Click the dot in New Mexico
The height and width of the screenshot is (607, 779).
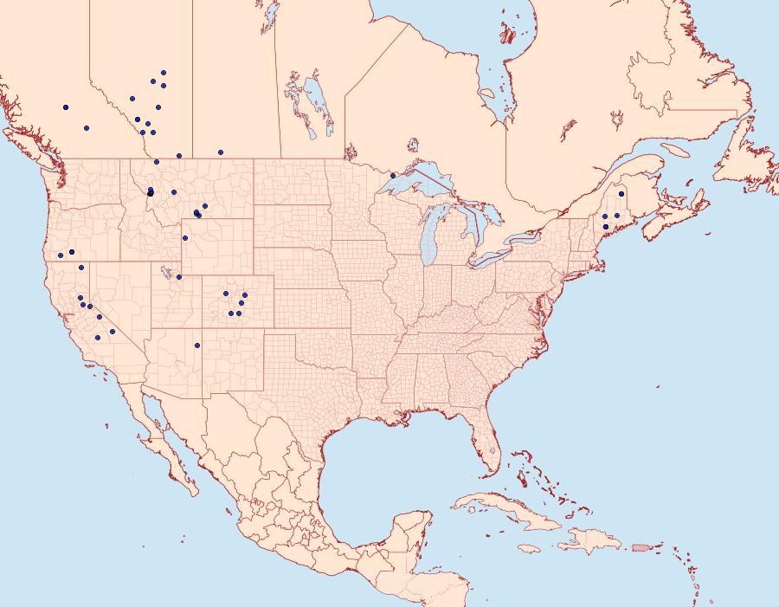197,346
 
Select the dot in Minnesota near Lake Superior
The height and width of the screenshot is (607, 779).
393,176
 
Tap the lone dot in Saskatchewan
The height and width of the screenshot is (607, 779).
221,152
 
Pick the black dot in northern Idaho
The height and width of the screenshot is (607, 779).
151,193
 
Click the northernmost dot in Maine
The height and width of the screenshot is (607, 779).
621,194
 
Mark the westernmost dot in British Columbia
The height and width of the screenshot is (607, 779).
66,107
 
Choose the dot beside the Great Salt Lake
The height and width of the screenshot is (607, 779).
179,277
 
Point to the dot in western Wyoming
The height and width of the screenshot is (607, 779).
184,238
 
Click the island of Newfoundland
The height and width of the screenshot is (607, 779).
744,156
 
